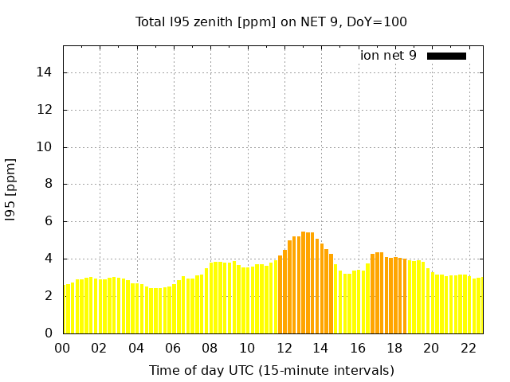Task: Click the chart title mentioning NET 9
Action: pos(271,21)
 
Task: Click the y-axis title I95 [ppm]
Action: pos(11,189)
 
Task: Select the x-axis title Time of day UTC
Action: pos(271,370)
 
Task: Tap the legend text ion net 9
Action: pos(388,56)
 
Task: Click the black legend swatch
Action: pos(446,56)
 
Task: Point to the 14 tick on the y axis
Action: pos(47,72)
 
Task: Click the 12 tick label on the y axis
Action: pos(47,110)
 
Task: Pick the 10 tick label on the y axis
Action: pos(47,147)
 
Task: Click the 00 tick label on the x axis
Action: pos(63,348)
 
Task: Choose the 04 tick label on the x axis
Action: pos(137,348)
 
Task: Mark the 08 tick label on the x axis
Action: pos(210,348)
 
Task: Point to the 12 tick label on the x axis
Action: pos(284,348)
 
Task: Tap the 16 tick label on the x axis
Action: pos(358,348)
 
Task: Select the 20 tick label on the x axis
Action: pos(432,348)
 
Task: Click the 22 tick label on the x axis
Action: pos(469,348)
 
